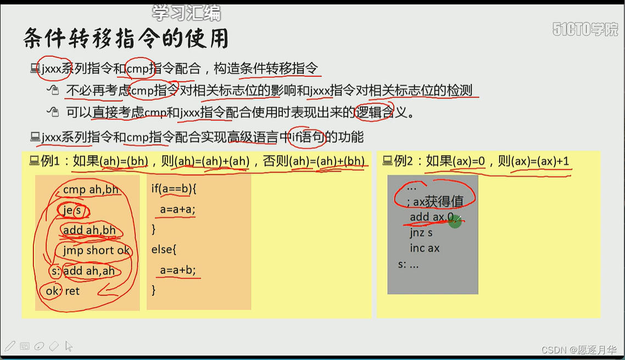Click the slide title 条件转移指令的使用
tap(126, 38)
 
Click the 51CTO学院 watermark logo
tap(585, 29)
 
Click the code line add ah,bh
tap(90, 230)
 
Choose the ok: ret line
tap(63, 291)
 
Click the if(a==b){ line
tap(174, 189)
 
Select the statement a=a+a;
tap(177, 209)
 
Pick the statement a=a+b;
tap(177, 270)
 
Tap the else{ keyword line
tap(164, 250)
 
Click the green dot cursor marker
tap(455, 221)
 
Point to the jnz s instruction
tap(421, 232)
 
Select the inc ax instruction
tap(425, 248)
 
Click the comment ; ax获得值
tap(435, 202)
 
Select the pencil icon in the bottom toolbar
tap(9, 346)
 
